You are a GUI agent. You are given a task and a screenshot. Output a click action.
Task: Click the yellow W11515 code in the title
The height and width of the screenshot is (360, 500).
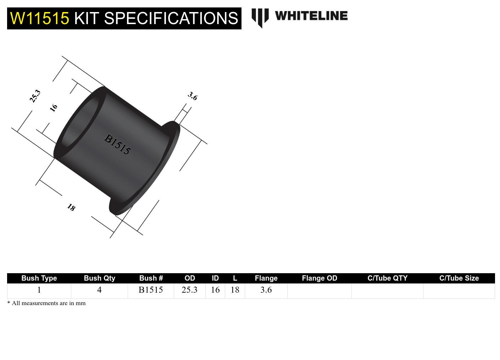point(39,18)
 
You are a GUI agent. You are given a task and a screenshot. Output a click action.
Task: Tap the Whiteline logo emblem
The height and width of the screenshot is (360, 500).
point(260,17)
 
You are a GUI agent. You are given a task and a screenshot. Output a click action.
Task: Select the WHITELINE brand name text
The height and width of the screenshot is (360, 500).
point(311,16)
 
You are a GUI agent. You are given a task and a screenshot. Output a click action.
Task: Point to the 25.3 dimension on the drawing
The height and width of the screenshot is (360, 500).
point(35,96)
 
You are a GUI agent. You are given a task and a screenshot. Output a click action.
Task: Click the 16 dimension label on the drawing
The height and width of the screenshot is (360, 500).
point(54,107)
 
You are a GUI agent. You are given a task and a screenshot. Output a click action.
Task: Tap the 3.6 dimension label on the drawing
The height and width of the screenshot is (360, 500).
point(193,96)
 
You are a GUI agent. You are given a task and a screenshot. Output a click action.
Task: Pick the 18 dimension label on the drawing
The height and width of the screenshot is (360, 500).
point(71,207)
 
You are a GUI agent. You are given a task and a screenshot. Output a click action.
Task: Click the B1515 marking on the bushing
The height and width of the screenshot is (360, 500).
point(117,144)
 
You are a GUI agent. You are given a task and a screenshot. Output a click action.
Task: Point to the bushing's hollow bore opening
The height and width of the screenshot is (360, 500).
point(80,122)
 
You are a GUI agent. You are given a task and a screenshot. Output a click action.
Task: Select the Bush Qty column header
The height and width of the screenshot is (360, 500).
point(99,278)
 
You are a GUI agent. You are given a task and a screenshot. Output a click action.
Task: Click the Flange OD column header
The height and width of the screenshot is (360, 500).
point(319,278)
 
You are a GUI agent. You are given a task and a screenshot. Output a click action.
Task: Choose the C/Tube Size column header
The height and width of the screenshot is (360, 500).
point(459,278)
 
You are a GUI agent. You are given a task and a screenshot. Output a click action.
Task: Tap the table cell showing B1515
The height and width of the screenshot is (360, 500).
point(151,290)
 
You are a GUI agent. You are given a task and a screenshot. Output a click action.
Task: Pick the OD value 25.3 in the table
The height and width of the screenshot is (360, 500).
point(189,290)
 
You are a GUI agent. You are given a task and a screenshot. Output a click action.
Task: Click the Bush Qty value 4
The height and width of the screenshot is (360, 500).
point(99,290)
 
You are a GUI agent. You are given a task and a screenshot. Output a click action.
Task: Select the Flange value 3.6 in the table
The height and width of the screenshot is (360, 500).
point(266,290)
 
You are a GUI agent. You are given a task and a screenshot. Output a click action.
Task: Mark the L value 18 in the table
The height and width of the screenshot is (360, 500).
point(235,290)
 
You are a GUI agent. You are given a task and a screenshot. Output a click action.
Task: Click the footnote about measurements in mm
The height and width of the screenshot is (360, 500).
point(46,303)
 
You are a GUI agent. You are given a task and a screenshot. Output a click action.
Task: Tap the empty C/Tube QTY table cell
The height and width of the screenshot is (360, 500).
point(387,291)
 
